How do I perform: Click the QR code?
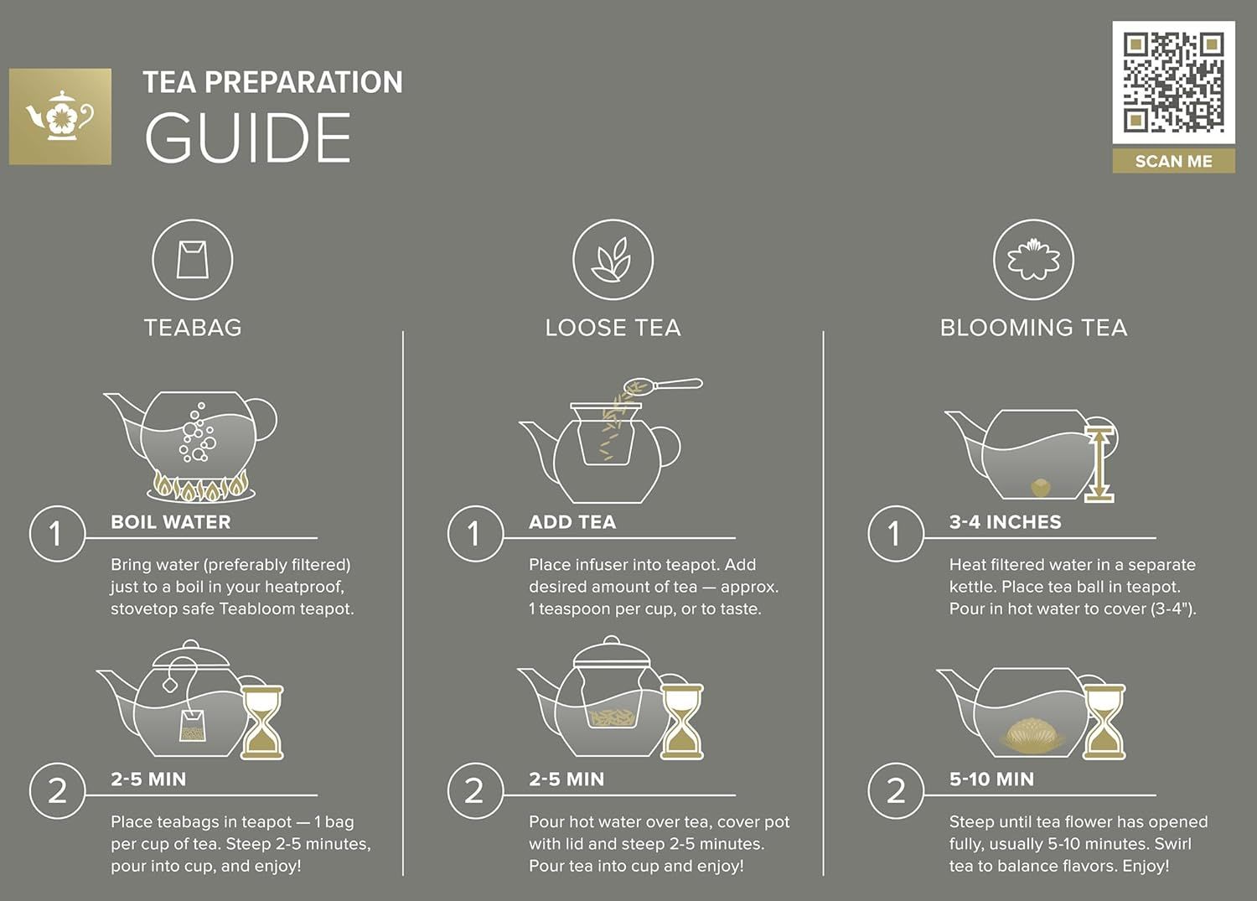pos(1173,82)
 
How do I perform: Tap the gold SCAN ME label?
pos(1173,161)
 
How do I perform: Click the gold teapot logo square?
pos(59,117)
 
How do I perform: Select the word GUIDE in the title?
pos(247,139)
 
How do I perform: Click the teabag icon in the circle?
pos(192,259)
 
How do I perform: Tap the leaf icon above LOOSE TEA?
pos(612,259)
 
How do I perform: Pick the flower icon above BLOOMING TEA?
pos(1032,259)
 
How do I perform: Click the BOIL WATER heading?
pos(171,522)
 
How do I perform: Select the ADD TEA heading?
pos(572,522)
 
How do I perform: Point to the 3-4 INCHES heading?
pos(1005,522)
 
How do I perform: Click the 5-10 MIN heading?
pos(991,779)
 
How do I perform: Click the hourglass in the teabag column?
pos(262,722)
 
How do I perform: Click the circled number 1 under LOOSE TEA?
pos(475,534)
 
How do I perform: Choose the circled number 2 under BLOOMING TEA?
pos(896,791)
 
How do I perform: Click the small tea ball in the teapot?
pos(1040,486)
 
